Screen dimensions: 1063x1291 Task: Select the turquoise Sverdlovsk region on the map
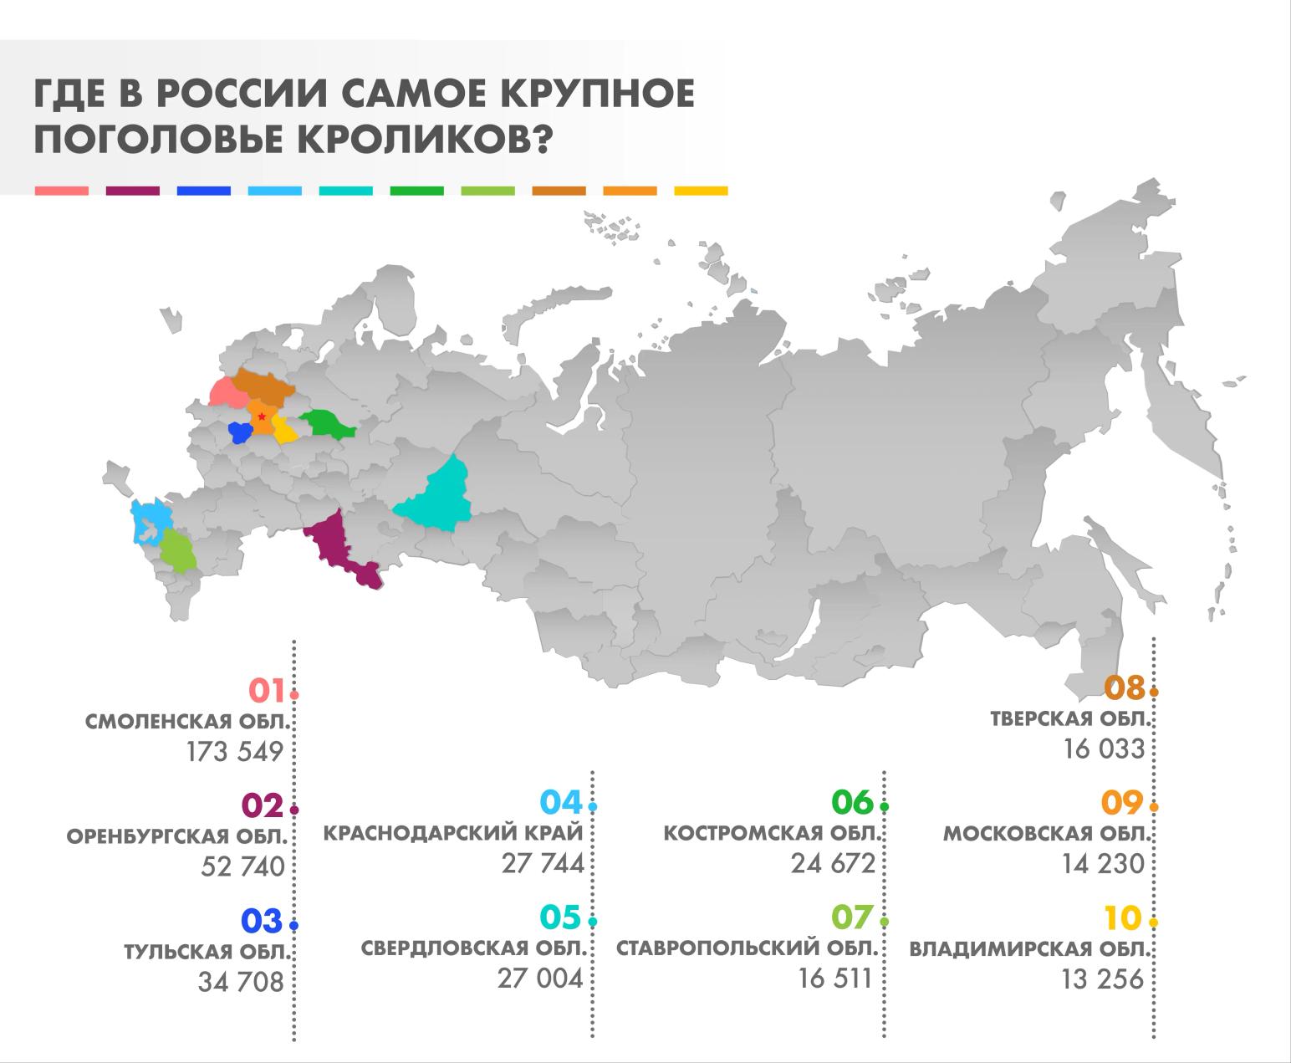(x=439, y=498)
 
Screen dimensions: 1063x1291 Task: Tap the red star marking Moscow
(x=263, y=416)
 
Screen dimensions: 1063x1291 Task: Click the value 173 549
(x=235, y=752)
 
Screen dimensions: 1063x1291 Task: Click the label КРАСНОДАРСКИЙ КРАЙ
(x=453, y=834)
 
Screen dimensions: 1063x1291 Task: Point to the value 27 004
(x=540, y=978)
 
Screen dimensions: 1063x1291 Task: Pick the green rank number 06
(x=852, y=803)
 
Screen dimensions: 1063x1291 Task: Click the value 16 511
(x=835, y=978)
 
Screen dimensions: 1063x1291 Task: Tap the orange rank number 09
(x=1121, y=804)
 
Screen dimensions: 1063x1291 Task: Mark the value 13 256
(x=1102, y=979)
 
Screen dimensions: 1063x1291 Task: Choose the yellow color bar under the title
(x=701, y=192)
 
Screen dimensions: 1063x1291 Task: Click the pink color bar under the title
(x=61, y=192)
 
